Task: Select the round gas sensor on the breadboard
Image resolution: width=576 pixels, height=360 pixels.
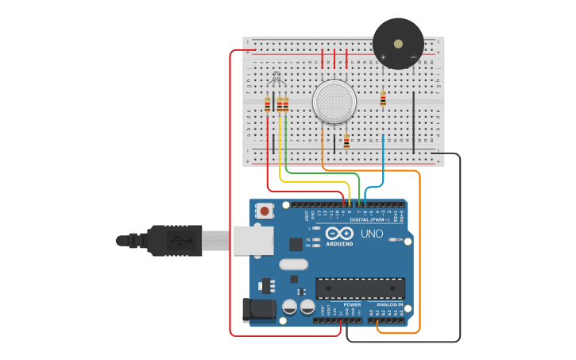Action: point(334,101)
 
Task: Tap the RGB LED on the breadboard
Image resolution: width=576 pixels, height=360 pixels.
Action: point(276,79)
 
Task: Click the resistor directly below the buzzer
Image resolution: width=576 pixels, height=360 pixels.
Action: point(383,99)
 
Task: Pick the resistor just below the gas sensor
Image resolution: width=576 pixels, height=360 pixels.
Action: point(346,141)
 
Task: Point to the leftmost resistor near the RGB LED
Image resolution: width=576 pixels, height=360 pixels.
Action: point(268,103)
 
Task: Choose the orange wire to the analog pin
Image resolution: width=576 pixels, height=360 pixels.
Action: point(419,254)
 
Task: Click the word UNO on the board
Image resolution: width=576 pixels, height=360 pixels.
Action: point(372,234)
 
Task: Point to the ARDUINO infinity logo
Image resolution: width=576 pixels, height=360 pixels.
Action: point(339,234)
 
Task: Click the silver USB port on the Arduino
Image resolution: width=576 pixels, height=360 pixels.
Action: point(253,240)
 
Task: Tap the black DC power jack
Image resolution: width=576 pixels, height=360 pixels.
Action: point(257,311)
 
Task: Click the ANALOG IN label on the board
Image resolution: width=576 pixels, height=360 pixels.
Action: point(389,304)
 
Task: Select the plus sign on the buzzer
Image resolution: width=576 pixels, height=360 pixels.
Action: point(383,57)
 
